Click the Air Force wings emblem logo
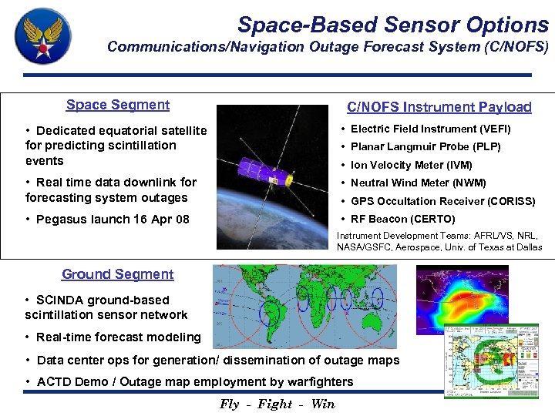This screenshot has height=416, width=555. [42, 36]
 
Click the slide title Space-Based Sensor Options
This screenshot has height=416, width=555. [392, 25]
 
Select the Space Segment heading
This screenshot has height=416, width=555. [118, 105]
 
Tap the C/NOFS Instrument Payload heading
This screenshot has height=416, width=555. [439, 107]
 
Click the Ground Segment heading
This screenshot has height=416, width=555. [118, 274]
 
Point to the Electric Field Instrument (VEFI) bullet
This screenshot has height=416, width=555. [430, 129]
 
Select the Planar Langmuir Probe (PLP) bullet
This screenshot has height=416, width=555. [425, 146]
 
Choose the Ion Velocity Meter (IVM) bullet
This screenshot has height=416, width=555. [411, 165]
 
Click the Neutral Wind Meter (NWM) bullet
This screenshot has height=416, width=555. [418, 183]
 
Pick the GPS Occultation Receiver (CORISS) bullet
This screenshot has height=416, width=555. [442, 201]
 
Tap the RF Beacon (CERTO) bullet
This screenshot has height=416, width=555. [402, 219]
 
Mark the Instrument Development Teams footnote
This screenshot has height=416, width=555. [439, 241]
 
